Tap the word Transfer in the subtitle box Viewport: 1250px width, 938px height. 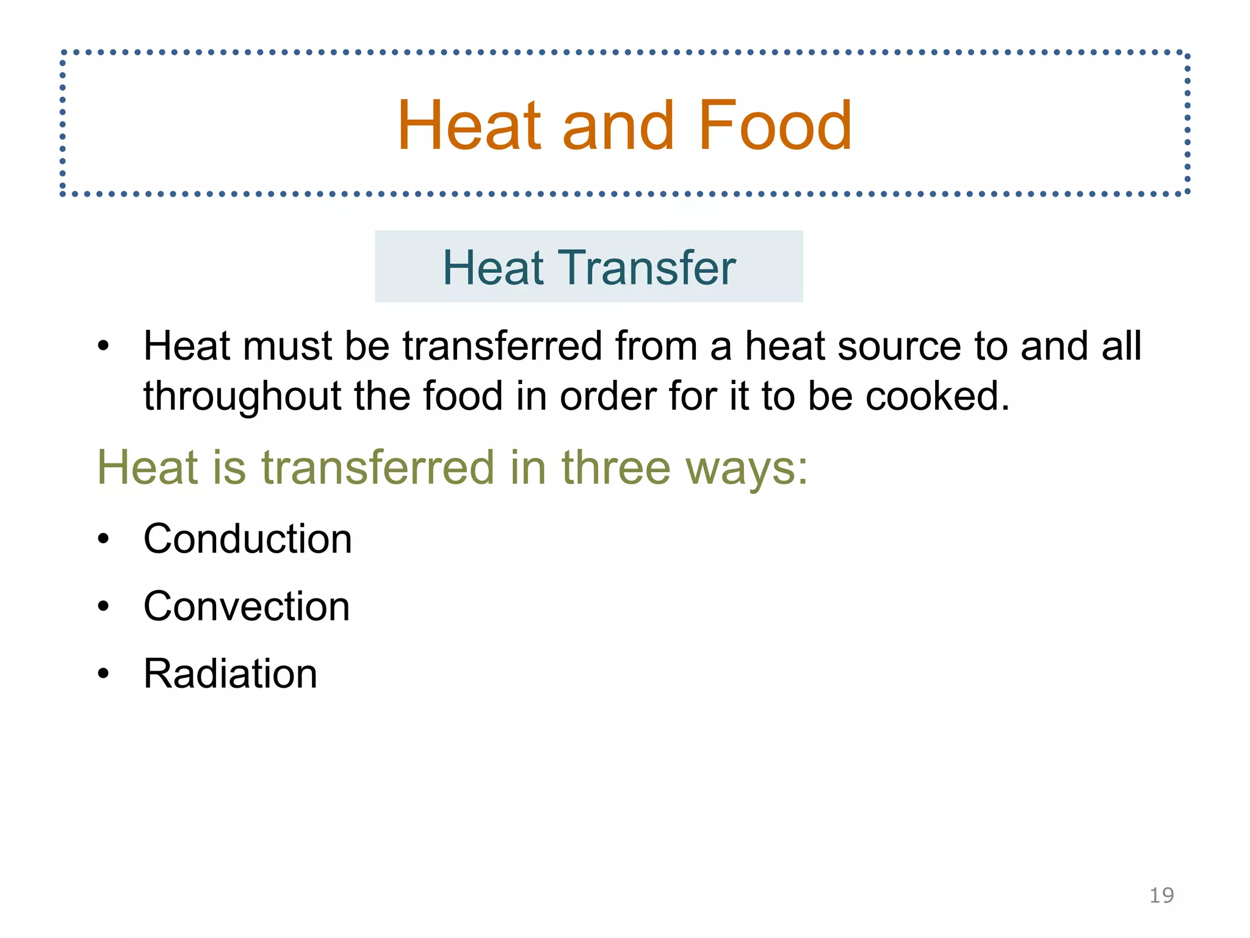click(x=649, y=267)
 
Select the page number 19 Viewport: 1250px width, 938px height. click(x=1161, y=895)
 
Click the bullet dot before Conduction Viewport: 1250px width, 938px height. click(x=103, y=539)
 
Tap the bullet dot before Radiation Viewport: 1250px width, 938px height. click(x=103, y=674)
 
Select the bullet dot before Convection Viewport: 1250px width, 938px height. click(x=103, y=607)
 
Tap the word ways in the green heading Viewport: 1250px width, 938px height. click(x=746, y=469)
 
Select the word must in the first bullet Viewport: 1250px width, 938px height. click(x=287, y=346)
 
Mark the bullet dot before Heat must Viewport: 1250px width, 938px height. click(x=103, y=346)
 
